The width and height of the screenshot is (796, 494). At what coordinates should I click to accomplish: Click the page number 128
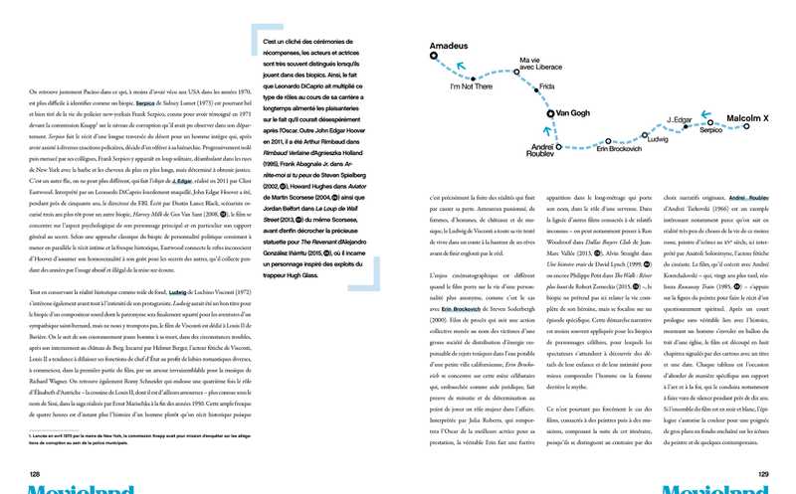click(x=34, y=473)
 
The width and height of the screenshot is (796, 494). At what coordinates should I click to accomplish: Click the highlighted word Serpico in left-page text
click(x=147, y=102)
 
